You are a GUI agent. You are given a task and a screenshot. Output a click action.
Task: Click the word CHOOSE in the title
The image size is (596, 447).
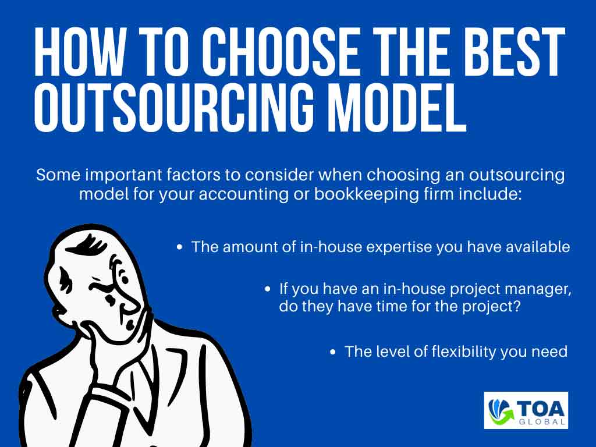coord(280,51)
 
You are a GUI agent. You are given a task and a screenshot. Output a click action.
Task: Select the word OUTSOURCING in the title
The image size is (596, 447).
coord(173,107)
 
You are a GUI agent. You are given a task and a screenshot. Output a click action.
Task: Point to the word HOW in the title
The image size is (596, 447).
coord(79,51)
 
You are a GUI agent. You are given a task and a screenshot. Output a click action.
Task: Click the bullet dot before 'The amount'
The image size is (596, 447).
coord(180,247)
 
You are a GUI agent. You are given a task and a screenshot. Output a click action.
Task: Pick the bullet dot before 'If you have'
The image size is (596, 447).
coord(268,289)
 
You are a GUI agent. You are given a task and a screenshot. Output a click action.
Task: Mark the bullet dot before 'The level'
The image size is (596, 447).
coord(333,352)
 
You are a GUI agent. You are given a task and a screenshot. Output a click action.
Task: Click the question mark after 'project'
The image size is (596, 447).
coord(516,306)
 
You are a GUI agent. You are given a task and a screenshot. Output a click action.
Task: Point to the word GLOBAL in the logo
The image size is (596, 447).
coord(541,422)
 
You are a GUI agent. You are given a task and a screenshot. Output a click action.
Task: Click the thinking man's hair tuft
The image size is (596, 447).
coord(86,245)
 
